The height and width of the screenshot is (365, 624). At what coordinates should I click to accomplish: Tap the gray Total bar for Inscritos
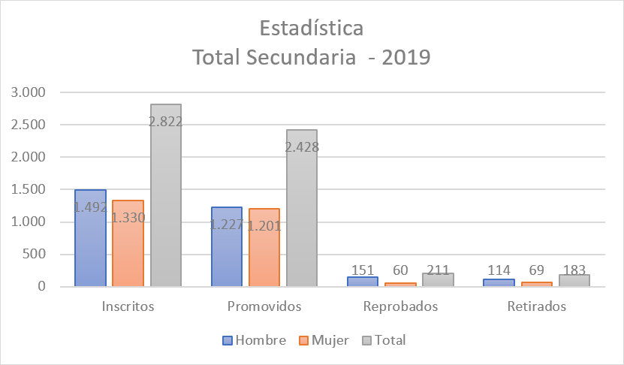[x=166, y=195]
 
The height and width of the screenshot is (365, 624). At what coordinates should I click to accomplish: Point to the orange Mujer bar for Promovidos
[x=264, y=247]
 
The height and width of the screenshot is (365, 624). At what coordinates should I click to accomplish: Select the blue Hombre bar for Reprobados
[x=363, y=281]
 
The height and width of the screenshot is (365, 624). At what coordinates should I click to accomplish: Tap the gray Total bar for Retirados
[x=574, y=280]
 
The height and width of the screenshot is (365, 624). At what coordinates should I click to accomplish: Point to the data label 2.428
[x=302, y=147]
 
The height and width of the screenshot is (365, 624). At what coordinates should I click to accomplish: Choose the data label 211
[x=439, y=270]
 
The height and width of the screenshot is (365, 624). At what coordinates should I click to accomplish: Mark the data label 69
[x=536, y=270]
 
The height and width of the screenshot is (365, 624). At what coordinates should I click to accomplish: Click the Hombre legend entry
[x=254, y=339]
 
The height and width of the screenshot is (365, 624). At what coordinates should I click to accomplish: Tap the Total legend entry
[x=384, y=339]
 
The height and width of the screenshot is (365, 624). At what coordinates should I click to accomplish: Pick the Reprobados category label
[x=400, y=306]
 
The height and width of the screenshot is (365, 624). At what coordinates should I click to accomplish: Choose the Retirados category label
[x=536, y=306]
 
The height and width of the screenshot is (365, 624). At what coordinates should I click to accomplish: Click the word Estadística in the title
[x=312, y=29]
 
